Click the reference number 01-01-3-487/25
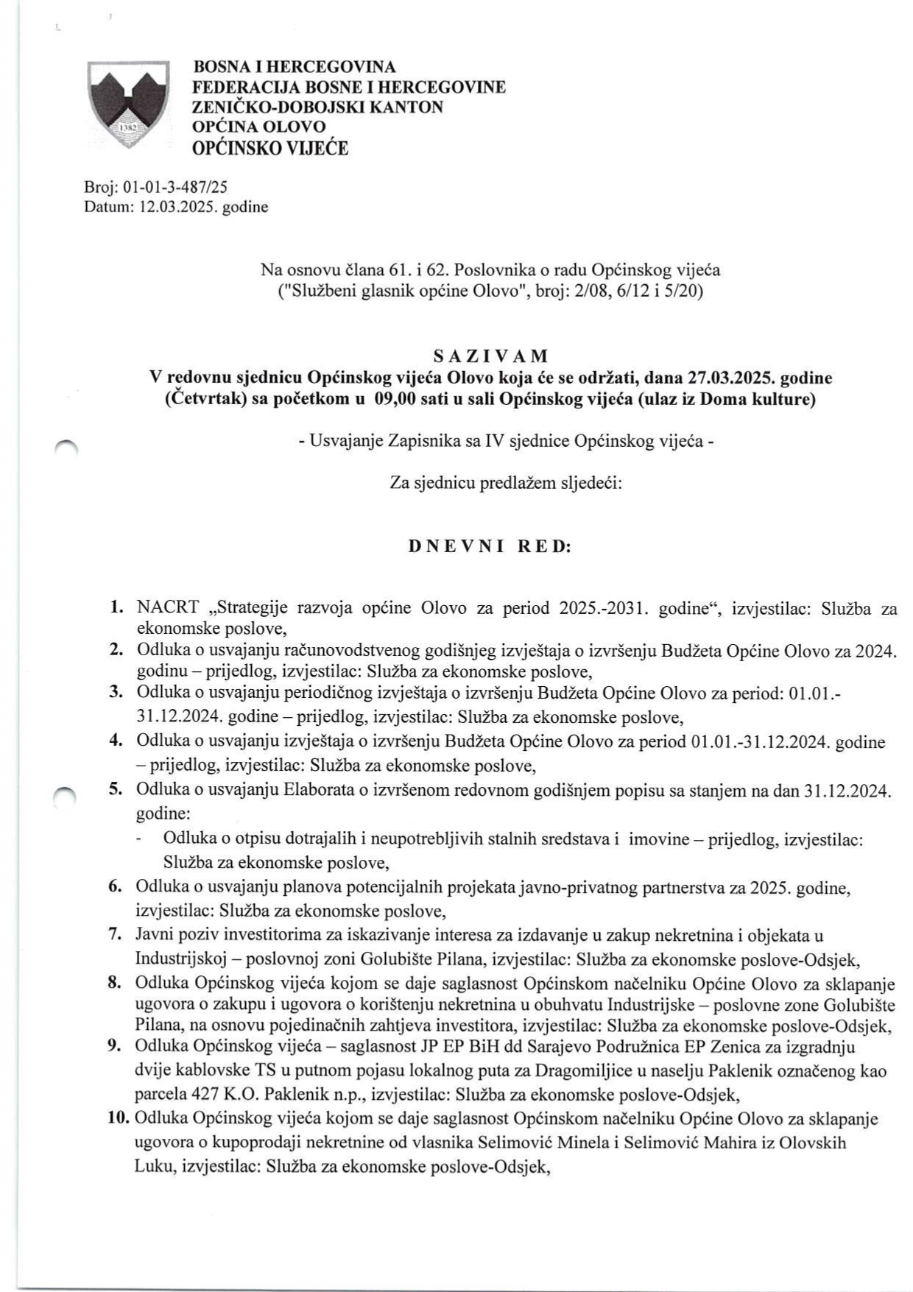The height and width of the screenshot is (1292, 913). (x=172, y=188)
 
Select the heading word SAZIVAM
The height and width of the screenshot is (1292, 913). (x=491, y=356)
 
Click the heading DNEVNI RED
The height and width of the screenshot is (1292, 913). (x=490, y=547)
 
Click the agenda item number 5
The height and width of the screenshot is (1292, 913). (x=116, y=789)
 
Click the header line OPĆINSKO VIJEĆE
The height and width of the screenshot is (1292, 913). (x=270, y=149)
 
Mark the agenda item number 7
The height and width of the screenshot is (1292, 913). (x=115, y=935)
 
